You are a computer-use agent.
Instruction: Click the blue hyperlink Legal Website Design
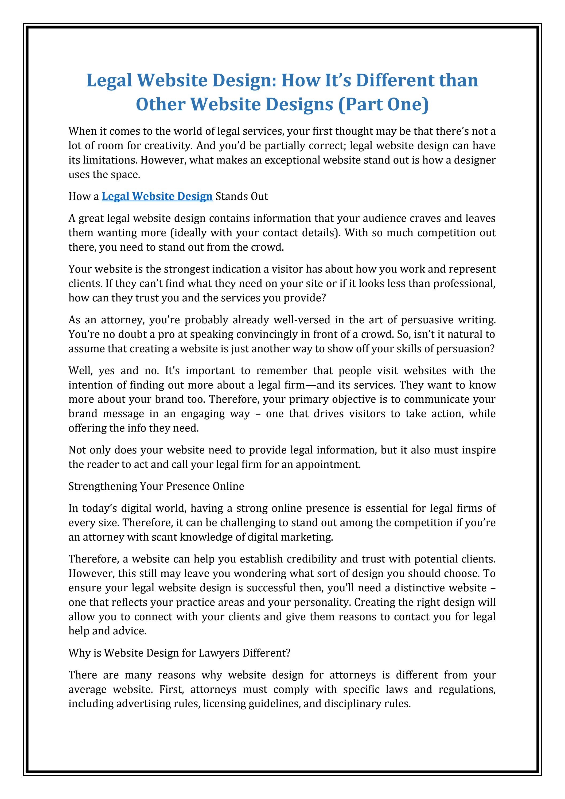157,196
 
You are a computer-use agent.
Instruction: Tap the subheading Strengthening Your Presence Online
156,486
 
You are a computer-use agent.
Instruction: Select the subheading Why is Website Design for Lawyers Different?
179,653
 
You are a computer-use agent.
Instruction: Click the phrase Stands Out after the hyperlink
242,196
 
